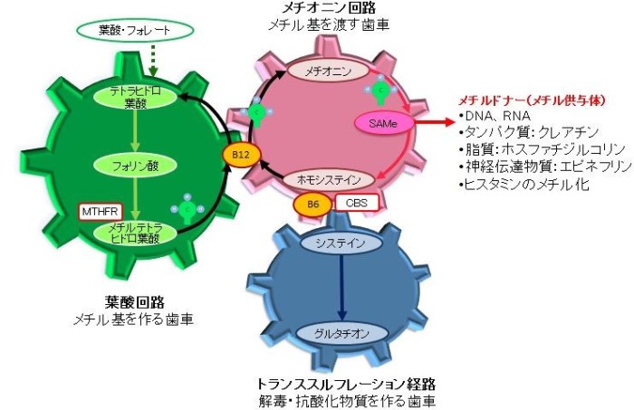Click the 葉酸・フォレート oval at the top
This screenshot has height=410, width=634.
click(149, 31)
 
